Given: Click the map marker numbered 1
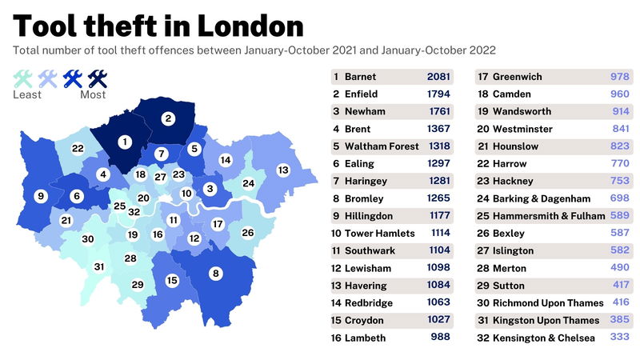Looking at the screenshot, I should (124, 142).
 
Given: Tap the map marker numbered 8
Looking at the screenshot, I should (214, 274).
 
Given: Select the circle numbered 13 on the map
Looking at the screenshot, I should (282, 170).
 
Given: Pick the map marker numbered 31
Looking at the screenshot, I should (99, 266).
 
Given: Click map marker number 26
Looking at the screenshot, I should (247, 233).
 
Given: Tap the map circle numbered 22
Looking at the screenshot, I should (78, 148).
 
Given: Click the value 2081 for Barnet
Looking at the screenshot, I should (438, 77).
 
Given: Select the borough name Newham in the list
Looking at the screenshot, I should (366, 111).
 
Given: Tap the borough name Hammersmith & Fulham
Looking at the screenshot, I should (543, 216).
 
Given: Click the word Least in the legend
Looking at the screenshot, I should (27, 94).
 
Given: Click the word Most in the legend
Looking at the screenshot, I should (93, 94).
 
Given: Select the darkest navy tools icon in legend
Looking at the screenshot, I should (98, 78).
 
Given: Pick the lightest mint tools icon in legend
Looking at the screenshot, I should (23, 78).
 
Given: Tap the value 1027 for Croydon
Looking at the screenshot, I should (438, 320).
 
